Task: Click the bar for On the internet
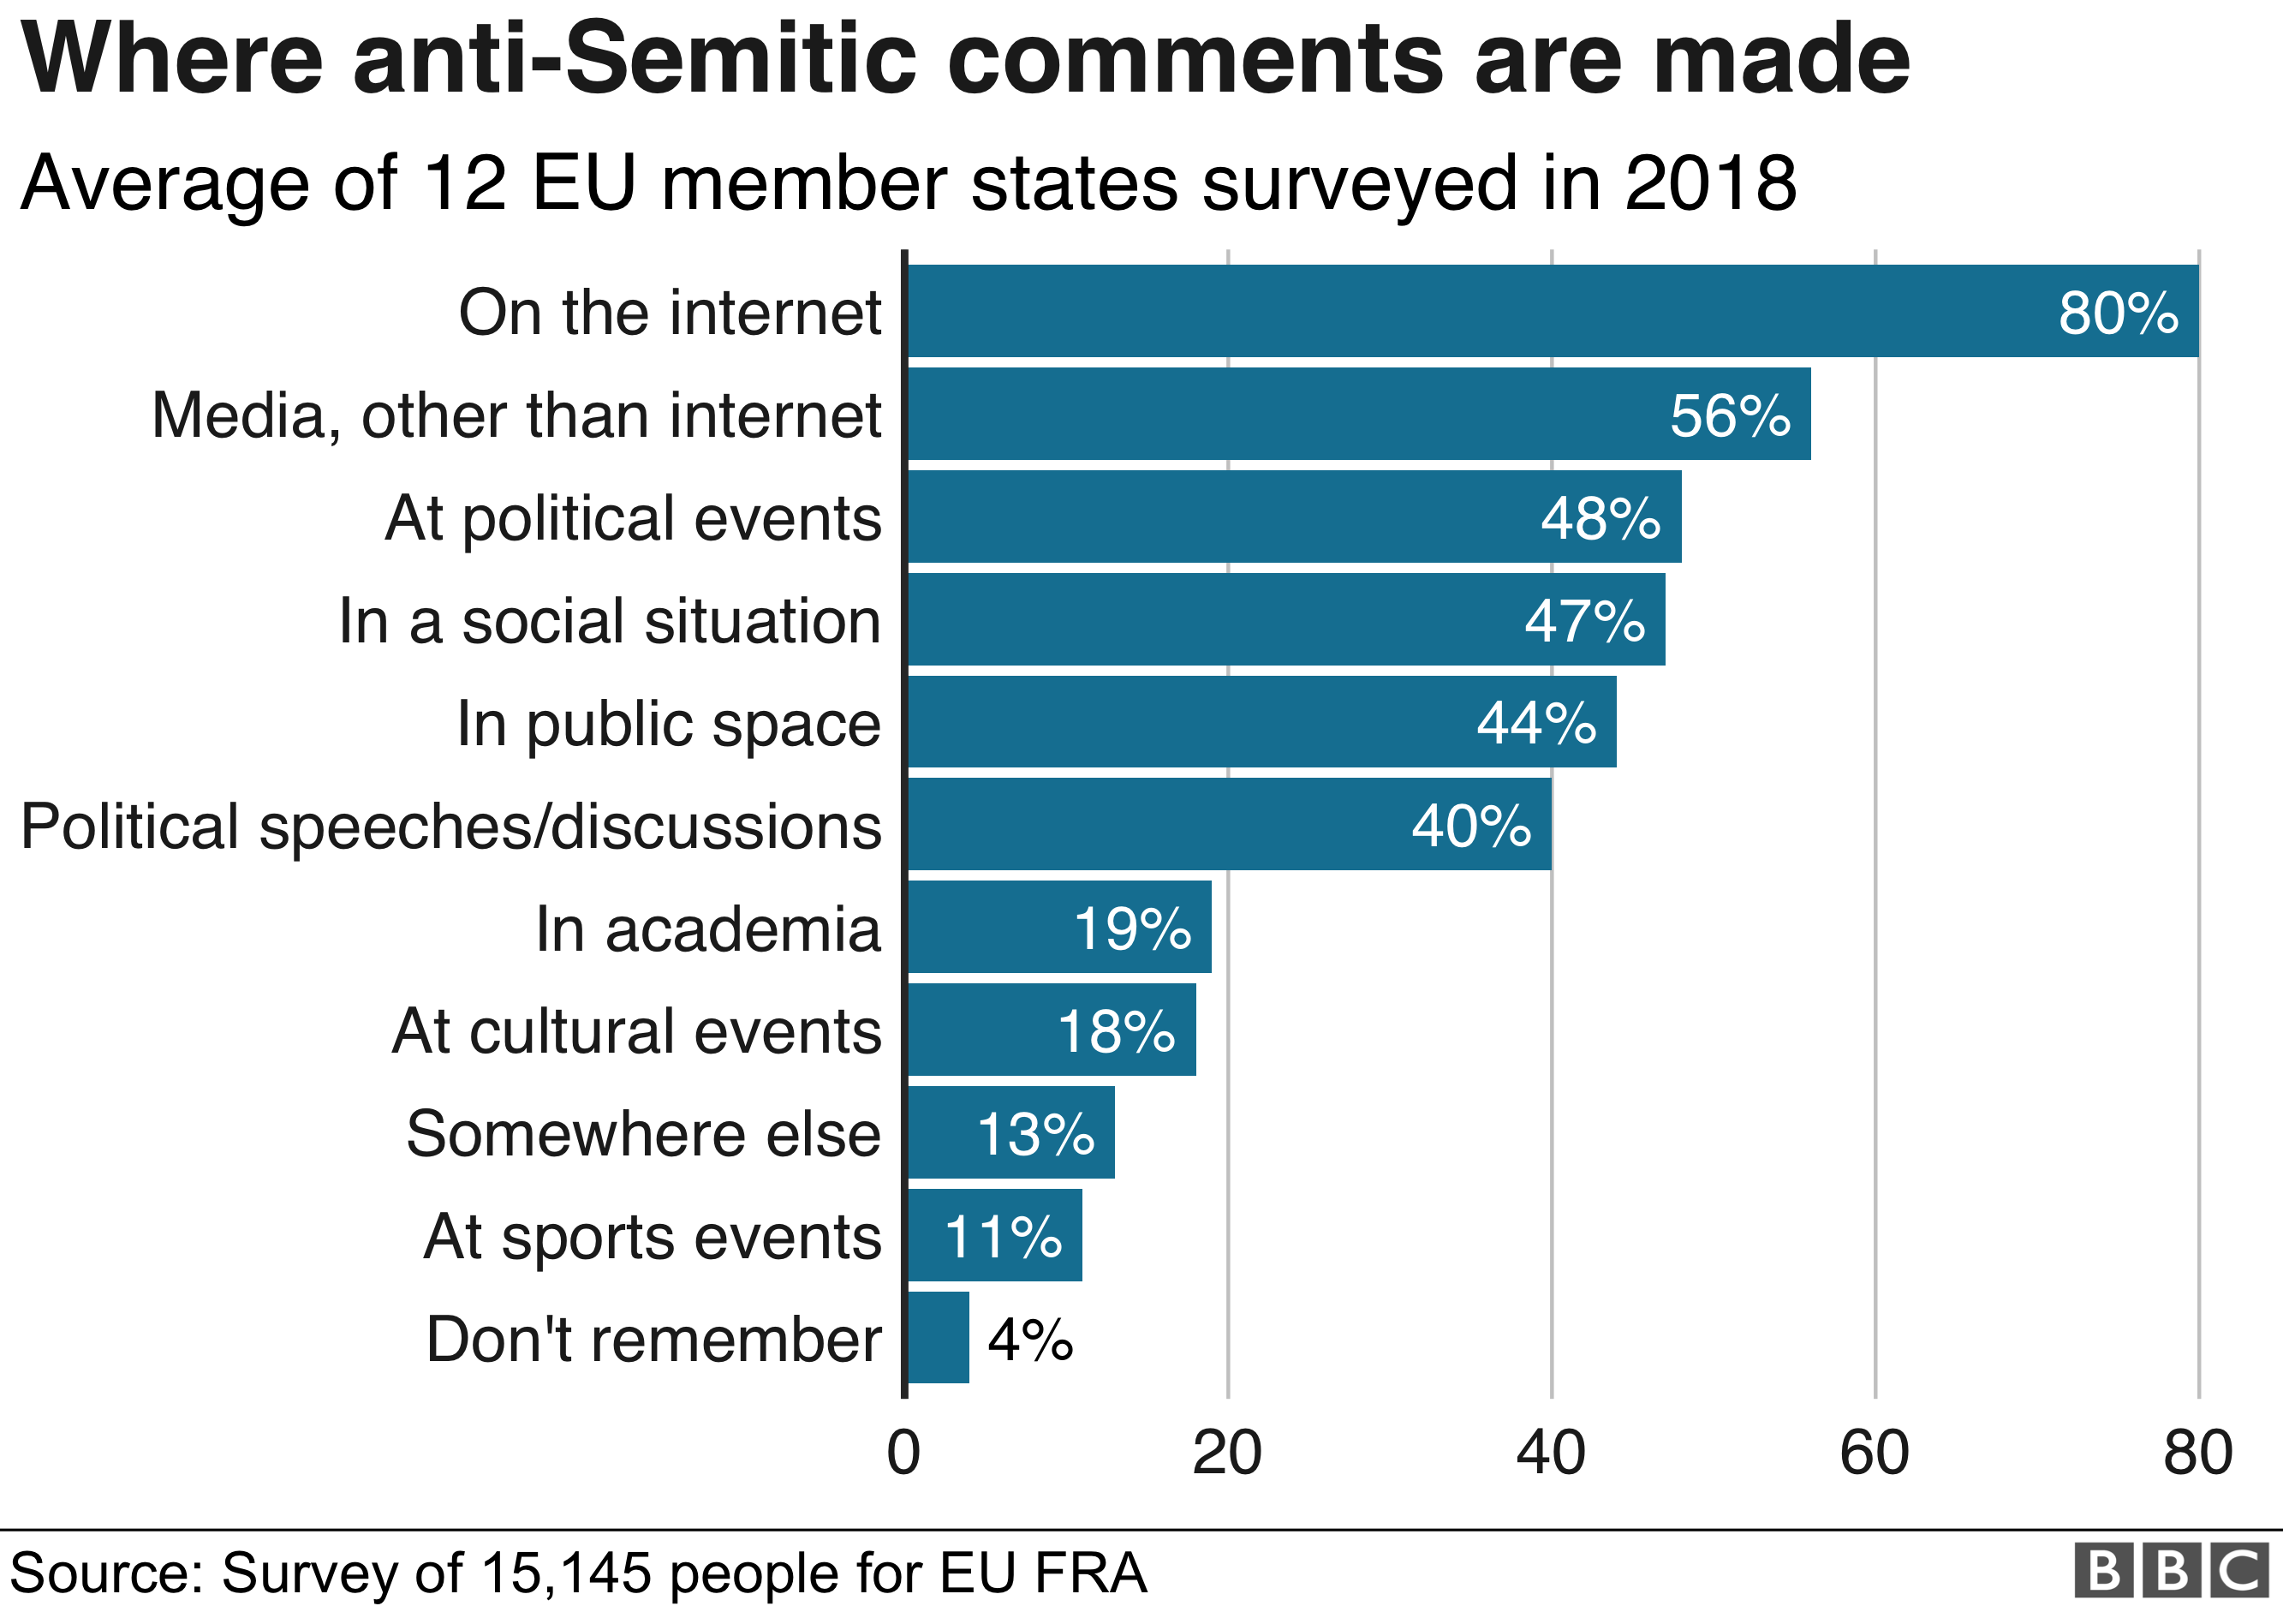click(x=1551, y=310)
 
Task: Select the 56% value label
click(x=1729, y=415)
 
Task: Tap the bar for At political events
click(x=1292, y=517)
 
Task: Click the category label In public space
click(x=668, y=723)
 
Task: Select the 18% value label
click(x=1116, y=1031)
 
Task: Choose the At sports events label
click(x=653, y=1236)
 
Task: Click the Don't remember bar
click(x=938, y=1338)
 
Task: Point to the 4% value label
click(x=1030, y=1340)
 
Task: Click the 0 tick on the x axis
click(x=903, y=1453)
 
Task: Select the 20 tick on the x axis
click(x=1227, y=1453)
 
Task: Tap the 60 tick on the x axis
click(x=1875, y=1453)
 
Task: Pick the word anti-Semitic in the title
click(x=635, y=60)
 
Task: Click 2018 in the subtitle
click(x=1710, y=184)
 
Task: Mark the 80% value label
click(x=2118, y=313)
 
